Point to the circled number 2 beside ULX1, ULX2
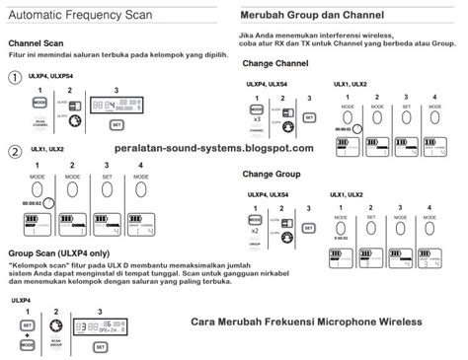15,152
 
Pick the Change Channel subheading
277,62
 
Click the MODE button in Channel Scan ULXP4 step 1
39,102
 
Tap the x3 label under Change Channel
256,117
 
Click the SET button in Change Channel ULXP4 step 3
309,116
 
